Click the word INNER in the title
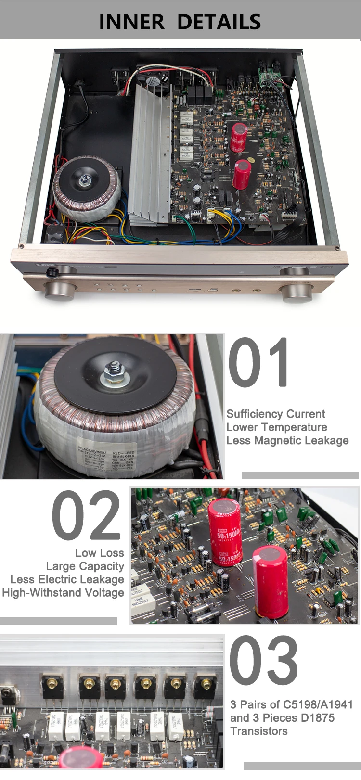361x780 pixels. coord(131,22)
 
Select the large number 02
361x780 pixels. coord(87,516)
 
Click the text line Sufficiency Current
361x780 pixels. coord(275,414)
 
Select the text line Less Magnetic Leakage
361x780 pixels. coord(287,440)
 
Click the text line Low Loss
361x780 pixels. coord(100,553)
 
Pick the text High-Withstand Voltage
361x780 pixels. coord(63,592)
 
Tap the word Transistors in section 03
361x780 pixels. coord(258,731)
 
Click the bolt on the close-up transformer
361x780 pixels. coord(114,373)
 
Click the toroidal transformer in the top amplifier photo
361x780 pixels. coord(86,188)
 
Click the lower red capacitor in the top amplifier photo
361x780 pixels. coord(242,174)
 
